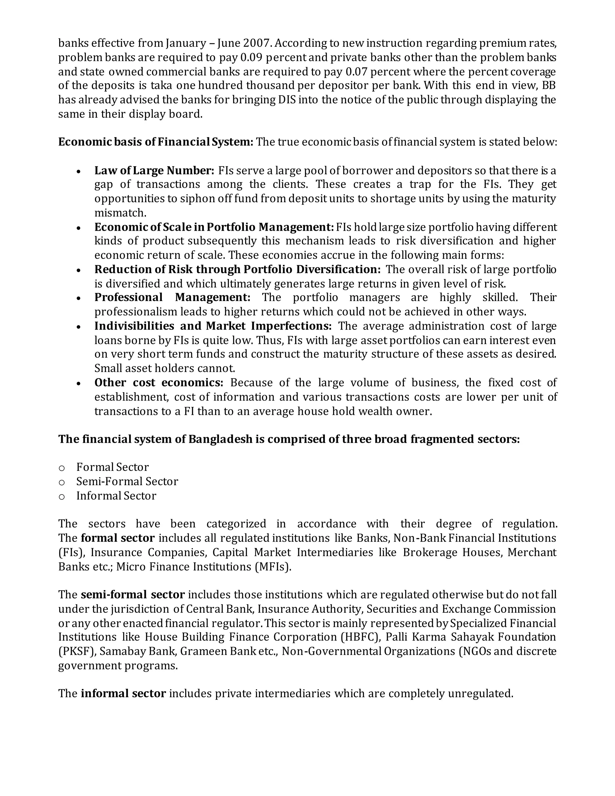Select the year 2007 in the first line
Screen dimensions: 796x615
257,43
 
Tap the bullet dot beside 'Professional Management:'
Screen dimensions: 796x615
79,298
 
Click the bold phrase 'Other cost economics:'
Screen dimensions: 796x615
159,383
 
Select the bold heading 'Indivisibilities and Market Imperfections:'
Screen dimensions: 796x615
213,326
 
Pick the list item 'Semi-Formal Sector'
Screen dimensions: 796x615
127,482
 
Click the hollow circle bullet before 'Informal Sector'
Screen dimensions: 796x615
62,497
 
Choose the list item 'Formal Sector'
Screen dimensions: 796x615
113,467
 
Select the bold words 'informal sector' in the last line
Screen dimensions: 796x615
123,693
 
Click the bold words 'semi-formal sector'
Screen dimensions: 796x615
133,595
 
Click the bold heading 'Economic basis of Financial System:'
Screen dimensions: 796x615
156,142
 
